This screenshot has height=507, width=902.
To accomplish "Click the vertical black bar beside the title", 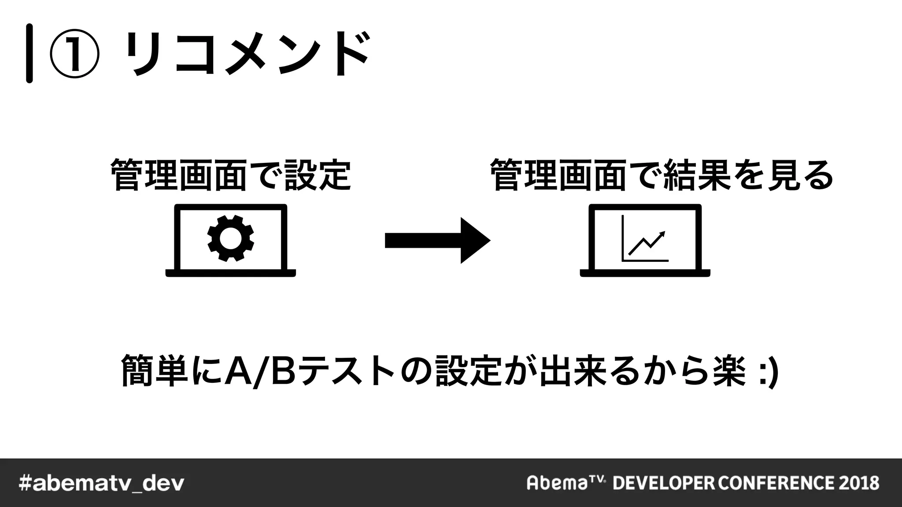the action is tap(30, 53).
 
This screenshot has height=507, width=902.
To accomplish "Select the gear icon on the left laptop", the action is tap(230, 238).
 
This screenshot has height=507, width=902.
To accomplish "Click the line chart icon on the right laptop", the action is tap(645, 240).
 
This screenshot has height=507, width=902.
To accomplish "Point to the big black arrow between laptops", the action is tap(437, 240).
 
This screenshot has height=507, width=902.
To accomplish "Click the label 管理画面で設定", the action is tap(231, 175).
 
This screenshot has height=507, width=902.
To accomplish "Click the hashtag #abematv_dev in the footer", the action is tap(101, 483).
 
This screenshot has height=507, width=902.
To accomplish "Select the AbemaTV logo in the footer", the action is tap(566, 482).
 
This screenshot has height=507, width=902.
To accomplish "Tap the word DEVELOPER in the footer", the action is tap(664, 483).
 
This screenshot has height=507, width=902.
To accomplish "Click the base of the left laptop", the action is tap(230, 273).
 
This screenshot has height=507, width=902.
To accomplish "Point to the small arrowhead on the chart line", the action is tap(662, 234).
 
